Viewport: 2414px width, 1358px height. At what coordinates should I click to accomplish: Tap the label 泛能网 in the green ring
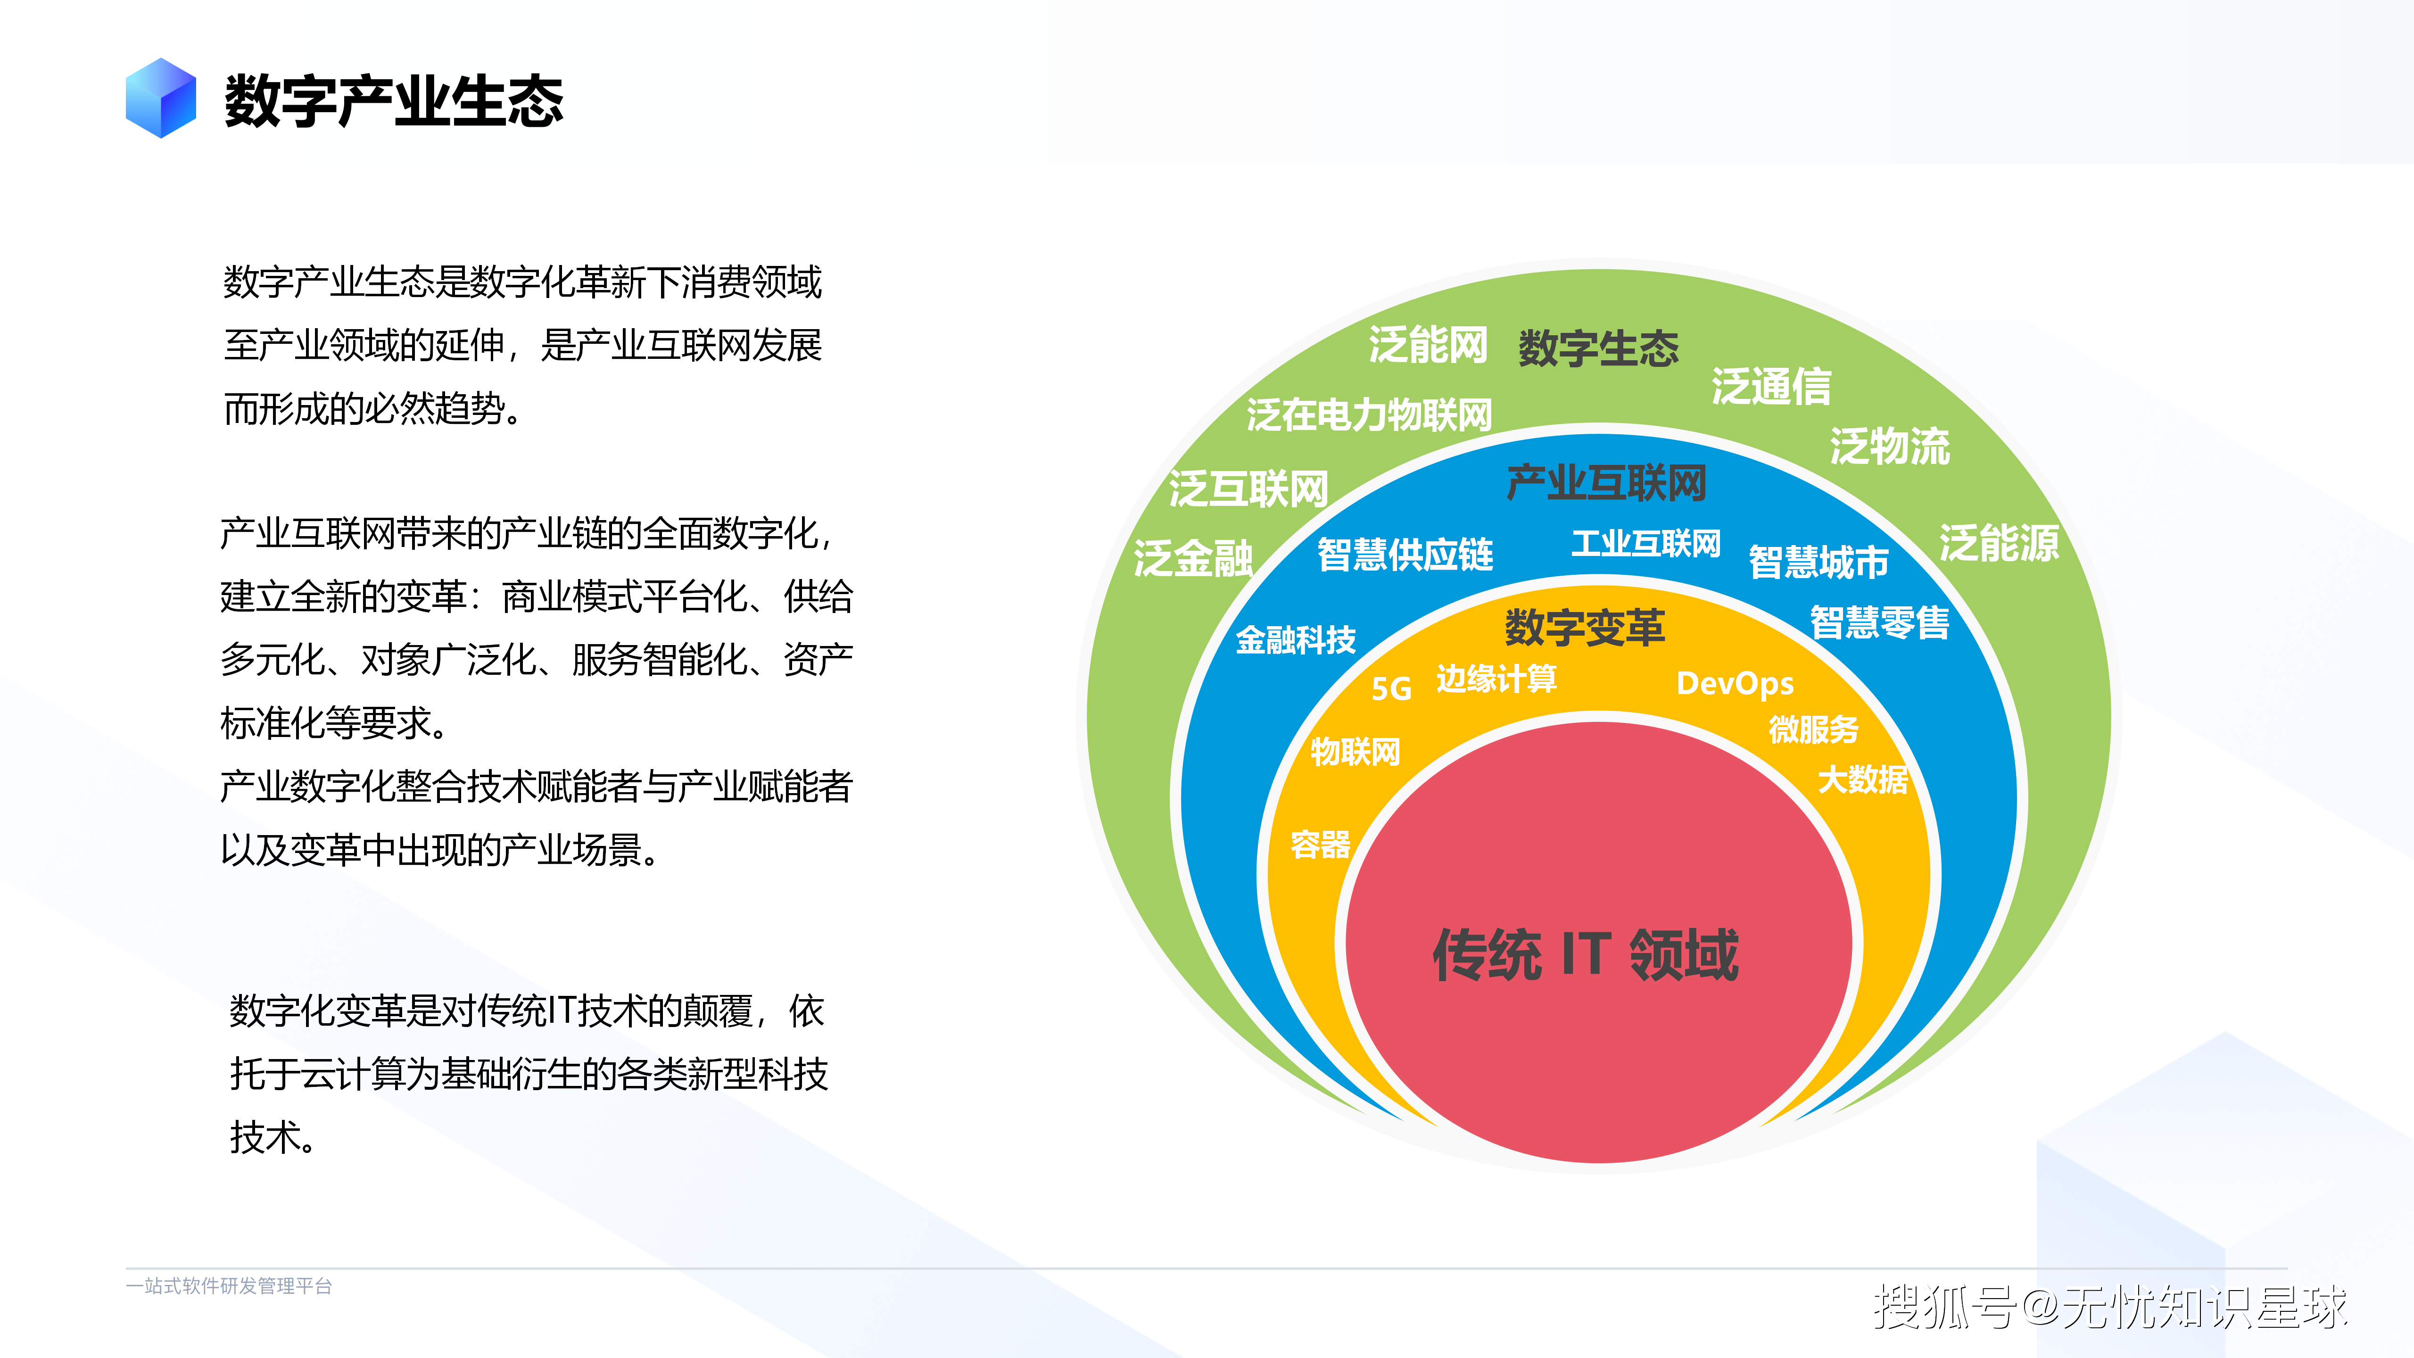[x=1428, y=345]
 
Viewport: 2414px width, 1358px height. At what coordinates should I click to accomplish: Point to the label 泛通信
[x=1771, y=386]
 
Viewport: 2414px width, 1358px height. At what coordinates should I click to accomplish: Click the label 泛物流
[x=1890, y=446]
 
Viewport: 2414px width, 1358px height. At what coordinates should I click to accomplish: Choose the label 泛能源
[x=1999, y=543]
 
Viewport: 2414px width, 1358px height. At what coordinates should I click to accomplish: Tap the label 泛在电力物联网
[x=1369, y=414]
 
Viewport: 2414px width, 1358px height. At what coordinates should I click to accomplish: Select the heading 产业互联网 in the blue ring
[x=1606, y=483]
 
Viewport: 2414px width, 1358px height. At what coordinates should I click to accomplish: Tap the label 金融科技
[x=1296, y=640]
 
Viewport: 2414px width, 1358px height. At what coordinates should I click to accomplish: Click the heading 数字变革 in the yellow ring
[x=1585, y=627]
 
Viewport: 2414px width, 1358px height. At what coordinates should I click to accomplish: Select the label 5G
[x=1392, y=689]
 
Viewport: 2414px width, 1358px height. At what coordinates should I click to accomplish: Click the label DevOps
[x=1736, y=683]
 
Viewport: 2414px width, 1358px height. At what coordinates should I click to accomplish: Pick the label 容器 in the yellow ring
[x=1320, y=845]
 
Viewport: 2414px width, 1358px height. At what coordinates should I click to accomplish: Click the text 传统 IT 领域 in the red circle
[x=1586, y=955]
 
